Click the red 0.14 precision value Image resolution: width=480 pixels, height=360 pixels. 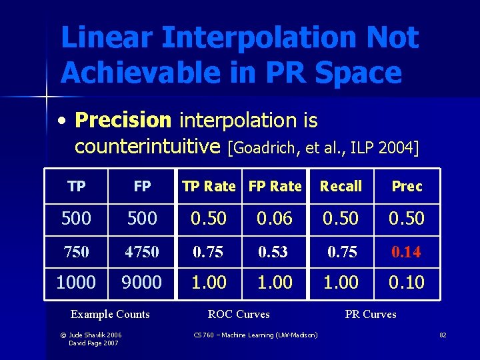click(x=407, y=252)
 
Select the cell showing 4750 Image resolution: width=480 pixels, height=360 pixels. click(x=141, y=252)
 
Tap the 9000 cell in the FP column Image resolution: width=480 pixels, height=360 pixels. click(x=141, y=282)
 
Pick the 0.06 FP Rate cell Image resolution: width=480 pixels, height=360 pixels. click(x=275, y=218)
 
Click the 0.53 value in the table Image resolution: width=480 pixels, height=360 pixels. click(x=275, y=252)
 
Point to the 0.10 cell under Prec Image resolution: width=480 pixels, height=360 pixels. click(x=407, y=282)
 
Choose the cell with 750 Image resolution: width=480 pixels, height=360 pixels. click(x=77, y=252)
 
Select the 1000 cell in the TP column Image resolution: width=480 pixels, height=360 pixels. click(x=76, y=282)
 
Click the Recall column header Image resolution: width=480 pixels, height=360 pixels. click(x=341, y=186)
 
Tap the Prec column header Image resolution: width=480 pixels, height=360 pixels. click(x=407, y=186)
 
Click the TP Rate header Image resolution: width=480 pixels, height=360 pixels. click(x=209, y=186)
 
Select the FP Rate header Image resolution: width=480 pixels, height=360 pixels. click(x=275, y=186)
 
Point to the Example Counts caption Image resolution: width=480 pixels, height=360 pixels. click(x=110, y=314)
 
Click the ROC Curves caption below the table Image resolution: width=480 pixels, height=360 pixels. click(x=239, y=314)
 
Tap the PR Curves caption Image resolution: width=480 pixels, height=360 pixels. click(x=371, y=314)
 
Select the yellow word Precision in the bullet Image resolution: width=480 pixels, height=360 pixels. click(x=123, y=121)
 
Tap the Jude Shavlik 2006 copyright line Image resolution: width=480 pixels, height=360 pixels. click(x=95, y=334)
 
